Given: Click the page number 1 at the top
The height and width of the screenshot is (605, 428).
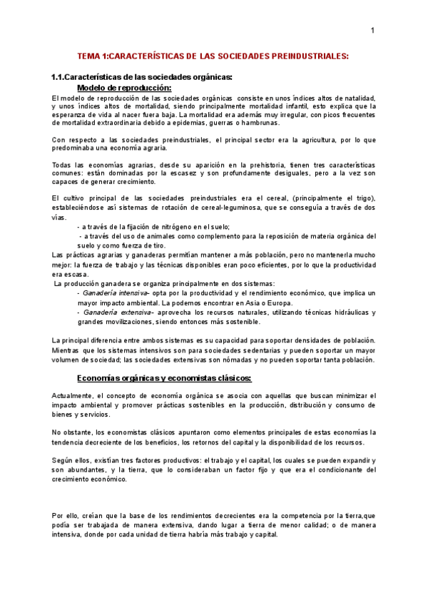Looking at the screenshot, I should [x=372, y=31].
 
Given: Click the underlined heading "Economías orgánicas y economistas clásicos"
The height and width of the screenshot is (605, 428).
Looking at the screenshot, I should [x=164, y=378].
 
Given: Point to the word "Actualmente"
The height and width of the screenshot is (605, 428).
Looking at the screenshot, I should [x=73, y=395].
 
